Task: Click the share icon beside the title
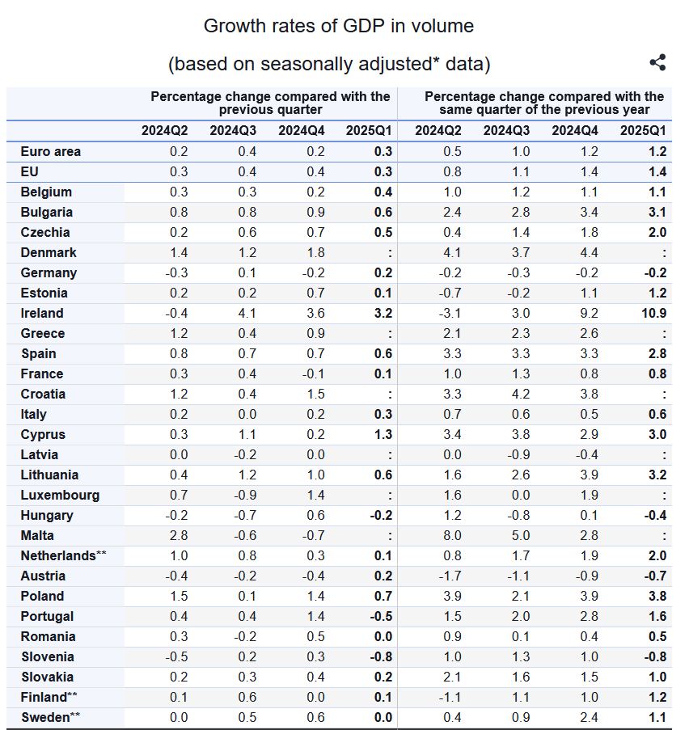pyautogui.click(x=657, y=62)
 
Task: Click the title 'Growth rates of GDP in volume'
pyautogui.click(x=338, y=26)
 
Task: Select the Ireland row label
pyautogui.click(x=42, y=313)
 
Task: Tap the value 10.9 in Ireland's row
pyautogui.click(x=653, y=313)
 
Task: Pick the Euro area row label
pyautogui.click(x=50, y=151)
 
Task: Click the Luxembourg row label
pyautogui.click(x=60, y=495)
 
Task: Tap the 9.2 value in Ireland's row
pyautogui.click(x=589, y=313)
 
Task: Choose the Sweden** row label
pyautogui.click(x=51, y=717)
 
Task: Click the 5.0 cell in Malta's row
pyautogui.click(x=520, y=535)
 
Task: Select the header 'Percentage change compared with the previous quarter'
pyautogui.click(x=270, y=103)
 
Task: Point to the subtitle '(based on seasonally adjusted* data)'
pyautogui.click(x=328, y=63)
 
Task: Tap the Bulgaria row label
pyautogui.click(x=46, y=212)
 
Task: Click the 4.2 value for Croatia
pyautogui.click(x=520, y=394)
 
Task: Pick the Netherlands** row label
pyautogui.click(x=63, y=555)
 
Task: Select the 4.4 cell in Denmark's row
pyautogui.click(x=589, y=252)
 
